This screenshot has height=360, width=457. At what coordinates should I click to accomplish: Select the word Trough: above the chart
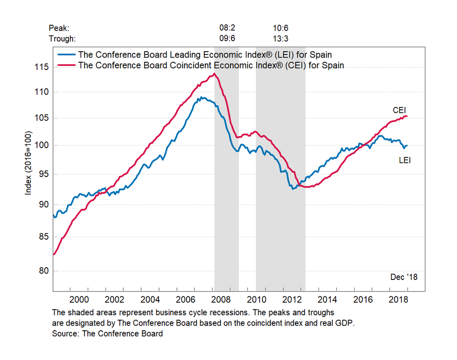62,38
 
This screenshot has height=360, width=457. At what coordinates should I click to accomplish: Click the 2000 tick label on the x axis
79,300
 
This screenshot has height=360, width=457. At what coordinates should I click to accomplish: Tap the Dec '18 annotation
404,277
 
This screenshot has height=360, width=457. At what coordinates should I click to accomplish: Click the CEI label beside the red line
399,110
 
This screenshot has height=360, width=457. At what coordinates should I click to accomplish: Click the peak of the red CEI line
214,74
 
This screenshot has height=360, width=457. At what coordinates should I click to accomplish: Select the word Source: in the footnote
66,333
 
